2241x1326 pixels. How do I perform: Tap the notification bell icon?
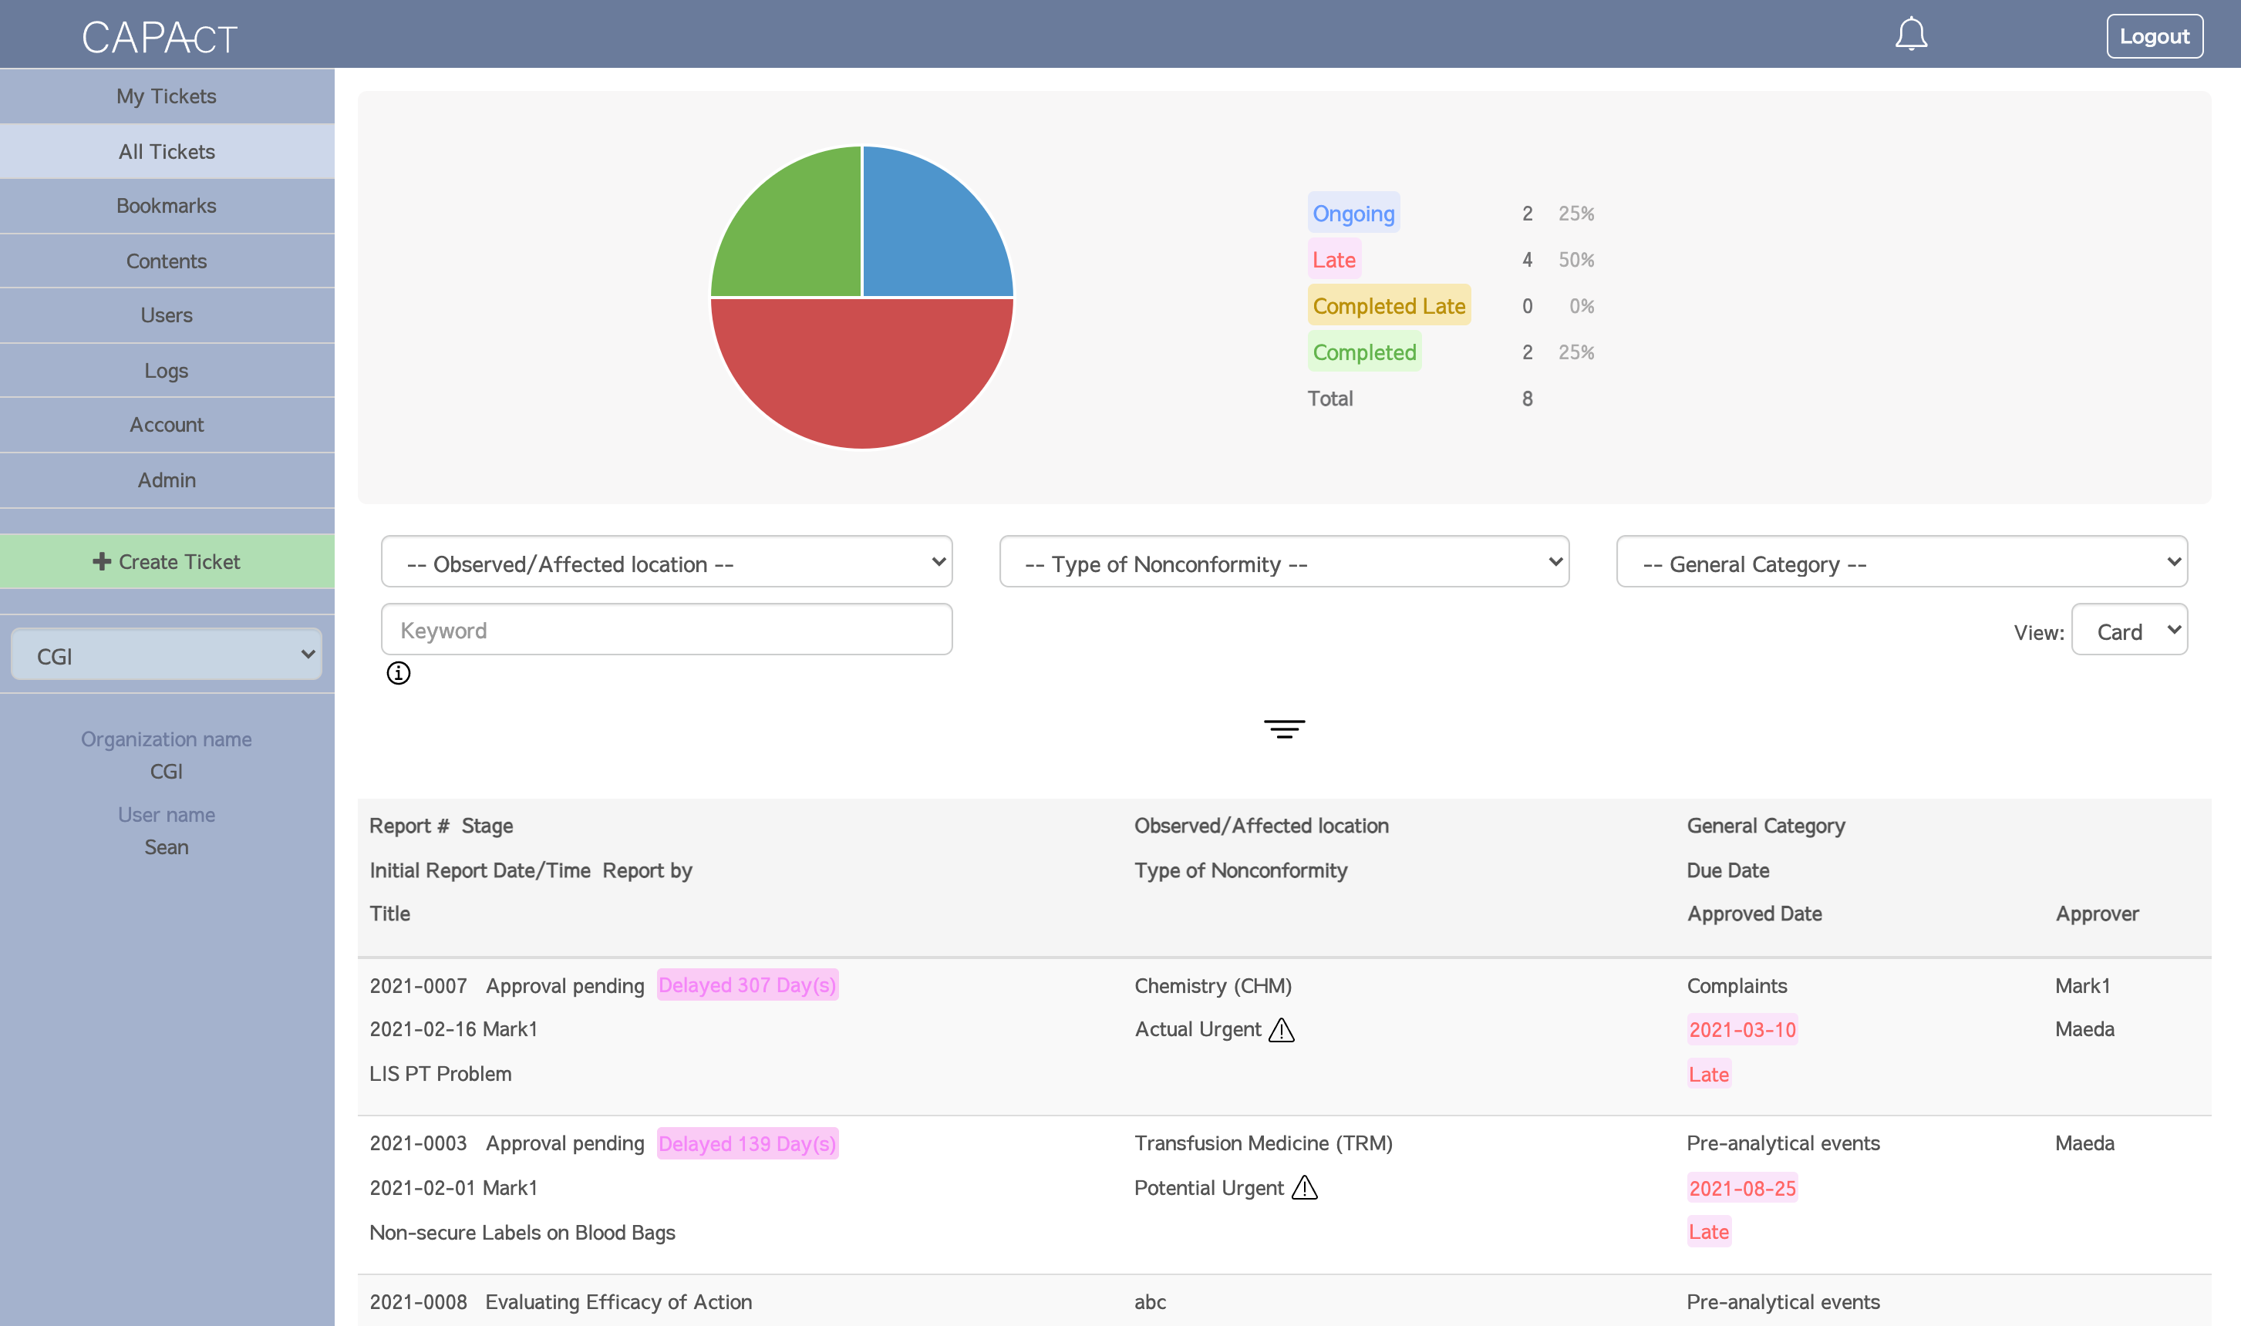coord(1910,35)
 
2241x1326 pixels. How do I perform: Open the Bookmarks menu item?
coord(167,206)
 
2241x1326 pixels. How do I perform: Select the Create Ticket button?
coord(167,561)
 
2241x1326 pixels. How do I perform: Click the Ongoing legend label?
coord(1353,214)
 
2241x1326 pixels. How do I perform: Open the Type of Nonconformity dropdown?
coord(1283,563)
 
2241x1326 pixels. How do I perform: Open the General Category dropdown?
coord(1901,563)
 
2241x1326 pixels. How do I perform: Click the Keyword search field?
coord(666,630)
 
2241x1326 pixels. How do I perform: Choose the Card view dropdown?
coord(2128,631)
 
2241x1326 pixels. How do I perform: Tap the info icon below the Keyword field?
coord(399,673)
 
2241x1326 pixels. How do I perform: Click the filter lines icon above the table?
coord(1284,729)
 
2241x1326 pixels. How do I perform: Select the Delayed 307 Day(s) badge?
coord(747,984)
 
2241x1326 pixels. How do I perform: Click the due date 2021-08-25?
coord(1741,1187)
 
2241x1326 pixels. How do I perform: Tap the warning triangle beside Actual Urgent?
coord(1282,1030)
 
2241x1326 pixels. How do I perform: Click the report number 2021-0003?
coord(418,1143)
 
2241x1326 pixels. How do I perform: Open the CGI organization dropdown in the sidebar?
coord(167,655)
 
